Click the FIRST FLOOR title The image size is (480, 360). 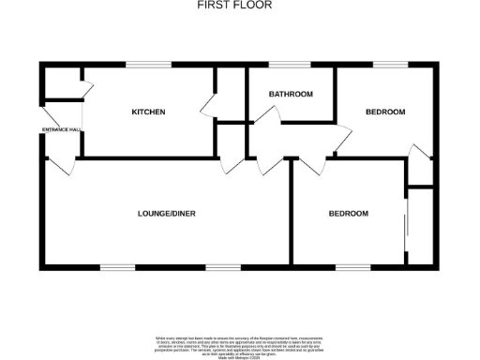coord(234,5)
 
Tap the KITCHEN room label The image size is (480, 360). coord(148,112)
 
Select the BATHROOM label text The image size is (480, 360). coord(291,95)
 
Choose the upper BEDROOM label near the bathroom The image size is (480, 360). coord(385,112)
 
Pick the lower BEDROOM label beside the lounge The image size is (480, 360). coord(348,214)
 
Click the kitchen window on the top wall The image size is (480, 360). coord(149,65)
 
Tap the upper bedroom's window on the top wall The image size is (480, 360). coord(389,65)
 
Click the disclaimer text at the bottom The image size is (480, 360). coord(239,343)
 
